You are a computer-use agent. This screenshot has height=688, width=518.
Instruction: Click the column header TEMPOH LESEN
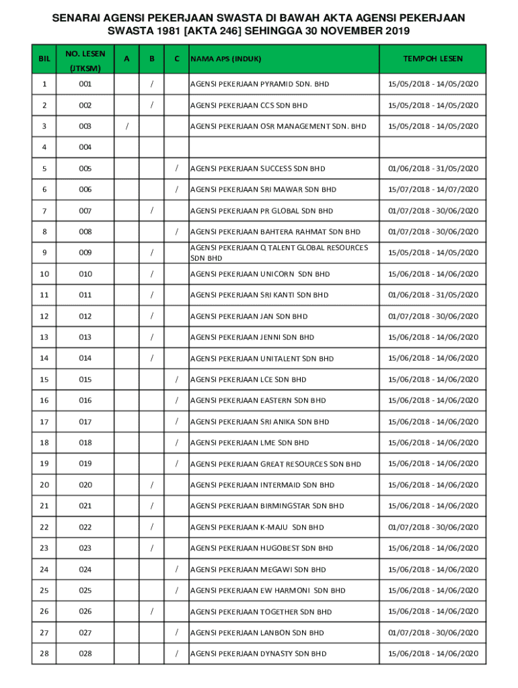tap(433, 59)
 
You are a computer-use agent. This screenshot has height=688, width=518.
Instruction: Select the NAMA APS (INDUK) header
tap(225, 59)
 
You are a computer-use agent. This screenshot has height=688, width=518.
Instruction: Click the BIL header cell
tap(44, 59)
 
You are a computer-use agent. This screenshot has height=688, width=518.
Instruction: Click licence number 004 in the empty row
tap(85, 147)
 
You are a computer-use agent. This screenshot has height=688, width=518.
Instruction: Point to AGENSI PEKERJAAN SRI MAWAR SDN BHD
tap(263, 189)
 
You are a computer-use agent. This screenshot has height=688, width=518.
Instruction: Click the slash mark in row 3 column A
tap(127, 126)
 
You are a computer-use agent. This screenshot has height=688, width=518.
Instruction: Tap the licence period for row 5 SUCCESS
tap(433, 169)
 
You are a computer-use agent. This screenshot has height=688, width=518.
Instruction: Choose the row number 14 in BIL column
tap(44, 358)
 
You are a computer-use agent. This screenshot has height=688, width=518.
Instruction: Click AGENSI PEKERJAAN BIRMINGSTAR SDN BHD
tap(267, 506)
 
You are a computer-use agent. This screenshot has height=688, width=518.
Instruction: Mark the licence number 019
tap(85, 464)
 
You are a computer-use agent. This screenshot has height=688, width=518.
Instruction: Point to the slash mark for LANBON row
tap(176, 632)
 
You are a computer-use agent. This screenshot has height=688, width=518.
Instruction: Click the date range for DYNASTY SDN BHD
tap(433, 654)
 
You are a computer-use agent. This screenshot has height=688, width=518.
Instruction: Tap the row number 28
tap(44, 654)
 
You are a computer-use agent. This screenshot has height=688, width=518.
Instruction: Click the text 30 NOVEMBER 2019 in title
tap(357, 32)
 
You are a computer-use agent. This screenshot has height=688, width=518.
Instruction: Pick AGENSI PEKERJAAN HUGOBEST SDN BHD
tap(262, 548)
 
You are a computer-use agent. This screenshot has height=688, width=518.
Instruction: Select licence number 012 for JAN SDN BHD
tap(85, 316)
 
